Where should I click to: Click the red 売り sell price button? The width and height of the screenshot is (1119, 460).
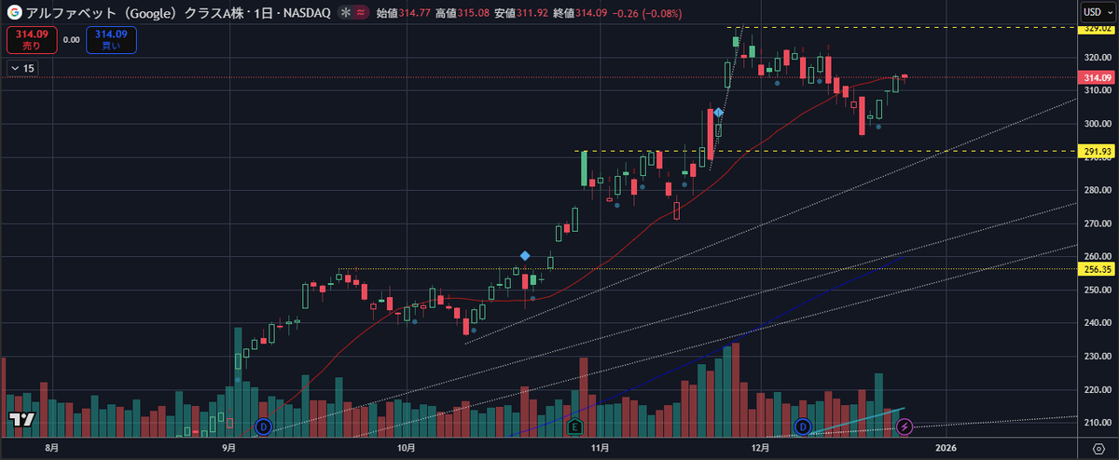(x=31, y=39)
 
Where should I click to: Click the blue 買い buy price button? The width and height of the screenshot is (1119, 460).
(x=111, y=39)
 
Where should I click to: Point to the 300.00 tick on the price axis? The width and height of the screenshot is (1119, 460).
(x=1096, y=124)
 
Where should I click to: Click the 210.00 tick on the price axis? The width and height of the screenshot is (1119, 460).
(x=1096, y=422)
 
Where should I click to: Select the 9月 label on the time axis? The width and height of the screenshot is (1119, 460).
(x=229, y=448)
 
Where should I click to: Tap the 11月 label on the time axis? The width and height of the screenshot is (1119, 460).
(x=601, y=448)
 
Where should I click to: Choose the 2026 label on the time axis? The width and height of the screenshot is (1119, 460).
(x=946, y=448)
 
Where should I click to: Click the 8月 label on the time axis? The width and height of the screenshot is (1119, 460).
(x=53, y=448)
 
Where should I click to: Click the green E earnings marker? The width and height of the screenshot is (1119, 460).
(x=575, y=426)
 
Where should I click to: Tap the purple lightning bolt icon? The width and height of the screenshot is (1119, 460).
(x=905, y=426)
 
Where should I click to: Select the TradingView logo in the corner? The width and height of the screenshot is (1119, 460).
(x=22, y=419)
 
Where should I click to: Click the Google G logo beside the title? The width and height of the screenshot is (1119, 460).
(x=14, y=12)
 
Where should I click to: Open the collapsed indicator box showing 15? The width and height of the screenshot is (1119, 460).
(x=22, y=68)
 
